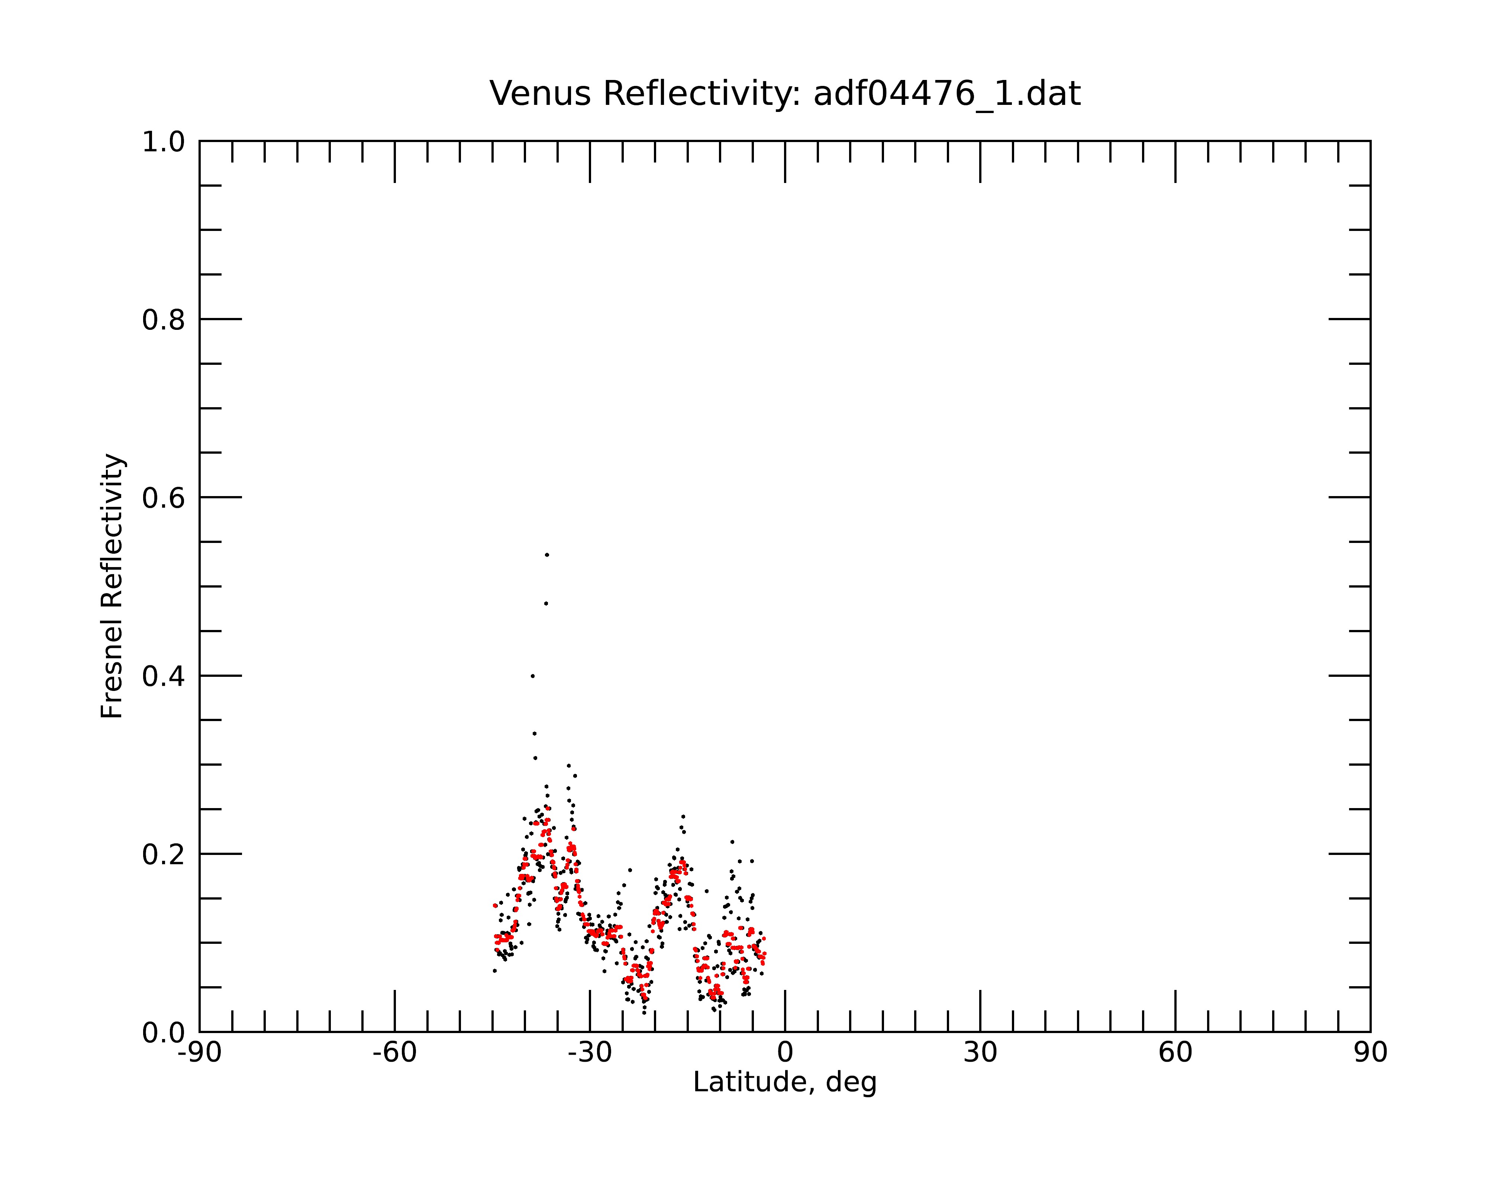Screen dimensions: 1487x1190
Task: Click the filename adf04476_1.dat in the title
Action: pos(947,94)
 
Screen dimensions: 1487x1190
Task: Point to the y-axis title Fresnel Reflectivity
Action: pos(112,586)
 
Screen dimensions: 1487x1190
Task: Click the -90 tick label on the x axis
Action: pos(199,1053)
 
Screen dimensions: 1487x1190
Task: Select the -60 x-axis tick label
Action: pos(394,1053)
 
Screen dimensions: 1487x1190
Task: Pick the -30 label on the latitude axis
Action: pos(590,1053)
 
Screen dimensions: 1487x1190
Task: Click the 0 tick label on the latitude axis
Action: pos(785,1053)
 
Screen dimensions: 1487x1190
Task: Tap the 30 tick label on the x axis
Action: pos(980,1053)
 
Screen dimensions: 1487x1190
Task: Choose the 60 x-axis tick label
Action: pos(1175,1053)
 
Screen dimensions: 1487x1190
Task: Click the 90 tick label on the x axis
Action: pos(1370,1053)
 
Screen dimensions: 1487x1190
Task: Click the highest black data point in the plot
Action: pos(547,554)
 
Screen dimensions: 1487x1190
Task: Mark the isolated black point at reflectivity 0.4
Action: pos(532,676)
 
